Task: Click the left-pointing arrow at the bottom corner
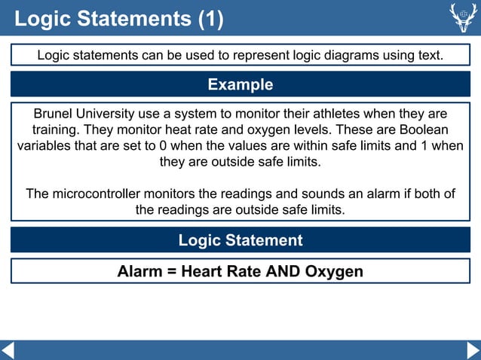8,350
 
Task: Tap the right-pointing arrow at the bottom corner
473,350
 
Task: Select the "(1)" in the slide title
210,19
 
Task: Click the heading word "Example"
240,84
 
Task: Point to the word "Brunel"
55,114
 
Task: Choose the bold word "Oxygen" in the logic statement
334,271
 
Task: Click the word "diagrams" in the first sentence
311,55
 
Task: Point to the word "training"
57,130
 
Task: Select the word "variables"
46,145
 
